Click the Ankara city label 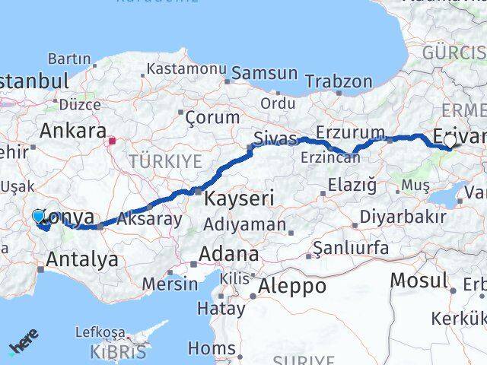72,130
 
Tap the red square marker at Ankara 113,141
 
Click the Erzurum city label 350,132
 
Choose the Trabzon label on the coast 339,81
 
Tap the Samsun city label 264,74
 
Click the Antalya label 81,260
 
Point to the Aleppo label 292,287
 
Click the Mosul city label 419,281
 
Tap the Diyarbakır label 402,217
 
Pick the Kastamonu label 186,68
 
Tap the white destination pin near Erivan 450,141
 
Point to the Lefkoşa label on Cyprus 100,333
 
